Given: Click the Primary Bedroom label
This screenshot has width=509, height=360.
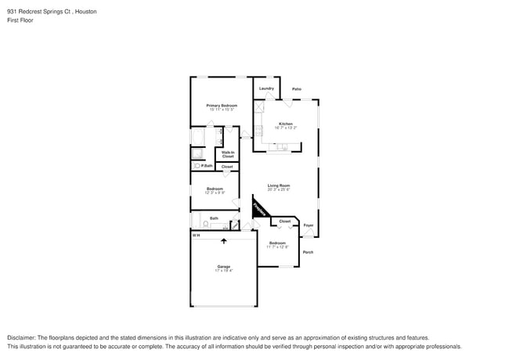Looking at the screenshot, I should [222, 105].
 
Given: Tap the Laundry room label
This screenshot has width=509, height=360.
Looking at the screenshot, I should [266, 88].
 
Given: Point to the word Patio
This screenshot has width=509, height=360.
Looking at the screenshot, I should [297, 88].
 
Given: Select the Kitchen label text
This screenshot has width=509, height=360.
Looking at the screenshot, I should [286, 124].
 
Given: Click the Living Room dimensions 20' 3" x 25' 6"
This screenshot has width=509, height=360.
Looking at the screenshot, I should [279, 190].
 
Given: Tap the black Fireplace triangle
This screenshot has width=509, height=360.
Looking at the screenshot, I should [259, 208].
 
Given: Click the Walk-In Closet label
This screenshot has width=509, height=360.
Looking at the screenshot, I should [228, 154].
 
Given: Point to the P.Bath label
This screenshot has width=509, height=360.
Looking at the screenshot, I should [208, 166].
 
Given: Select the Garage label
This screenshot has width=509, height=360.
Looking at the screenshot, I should [224, 266].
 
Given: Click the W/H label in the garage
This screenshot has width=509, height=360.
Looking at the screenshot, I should [197, 235].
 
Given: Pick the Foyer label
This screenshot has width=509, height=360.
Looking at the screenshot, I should [309, 225].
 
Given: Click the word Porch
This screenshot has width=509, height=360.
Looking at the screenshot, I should [308, 252].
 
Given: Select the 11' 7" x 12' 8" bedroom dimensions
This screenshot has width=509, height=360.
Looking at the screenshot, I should [277, 247].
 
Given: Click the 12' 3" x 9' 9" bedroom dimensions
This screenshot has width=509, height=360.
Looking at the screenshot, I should [215, 193].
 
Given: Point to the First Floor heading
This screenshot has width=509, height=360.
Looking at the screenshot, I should [20, 20].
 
